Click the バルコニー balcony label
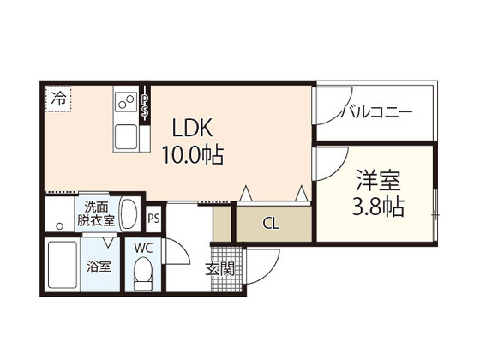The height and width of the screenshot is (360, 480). tap(376, 112)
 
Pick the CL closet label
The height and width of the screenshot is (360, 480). tap(271, 225)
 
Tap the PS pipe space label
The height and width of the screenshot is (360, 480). tap(153, 219)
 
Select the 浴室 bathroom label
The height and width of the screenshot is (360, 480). tap(97, 266)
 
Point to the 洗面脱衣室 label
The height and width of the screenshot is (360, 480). tap(96, 213)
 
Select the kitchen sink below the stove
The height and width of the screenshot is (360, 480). tap(127, 135)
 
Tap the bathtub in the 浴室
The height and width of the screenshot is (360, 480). tap(63, 267)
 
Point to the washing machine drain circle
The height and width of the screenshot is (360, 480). tap(59, 225)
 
